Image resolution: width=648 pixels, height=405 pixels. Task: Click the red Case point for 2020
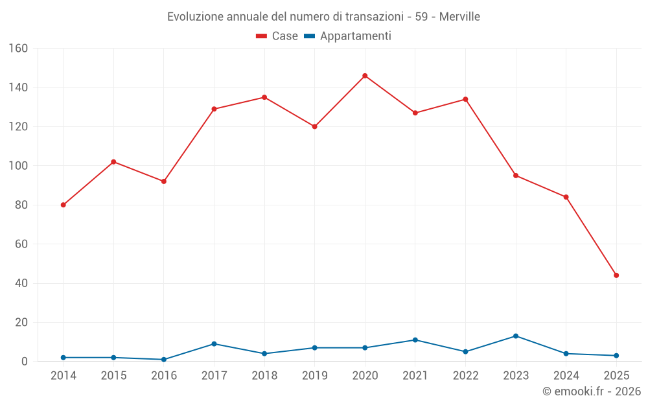point(365,76)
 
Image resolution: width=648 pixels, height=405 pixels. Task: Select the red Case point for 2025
point(616,275)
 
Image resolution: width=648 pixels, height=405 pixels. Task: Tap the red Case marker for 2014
point(63,205)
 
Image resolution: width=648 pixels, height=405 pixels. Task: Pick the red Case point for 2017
point(214,109)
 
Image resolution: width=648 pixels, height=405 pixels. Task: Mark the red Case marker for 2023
point(516,176)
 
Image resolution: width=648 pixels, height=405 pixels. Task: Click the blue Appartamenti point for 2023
point(516,336)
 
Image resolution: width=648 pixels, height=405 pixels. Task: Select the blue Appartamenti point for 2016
point(164,360)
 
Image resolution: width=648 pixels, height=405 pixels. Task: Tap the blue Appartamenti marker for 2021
point(415,340)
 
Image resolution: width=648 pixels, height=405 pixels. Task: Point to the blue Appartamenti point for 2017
point(214,344)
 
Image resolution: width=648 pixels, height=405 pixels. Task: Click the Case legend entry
point(277,36)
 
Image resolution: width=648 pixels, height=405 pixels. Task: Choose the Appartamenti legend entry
point(347,36)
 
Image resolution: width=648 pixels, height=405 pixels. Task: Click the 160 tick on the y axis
point(18,49)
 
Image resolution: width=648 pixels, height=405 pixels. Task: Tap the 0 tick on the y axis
point(25,362)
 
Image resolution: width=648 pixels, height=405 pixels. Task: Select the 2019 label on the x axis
point(314,376)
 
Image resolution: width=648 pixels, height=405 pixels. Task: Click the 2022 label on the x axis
point(465,376)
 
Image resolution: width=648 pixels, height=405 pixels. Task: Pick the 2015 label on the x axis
point(113,376)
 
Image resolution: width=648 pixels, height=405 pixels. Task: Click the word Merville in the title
point(459,17)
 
